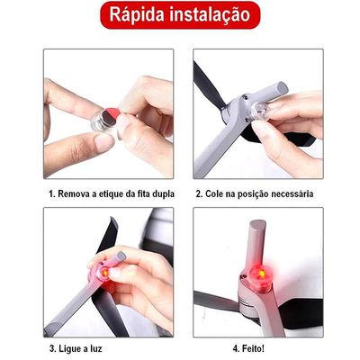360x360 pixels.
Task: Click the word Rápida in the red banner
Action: [137, 14]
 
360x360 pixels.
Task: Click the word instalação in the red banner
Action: [210, 15]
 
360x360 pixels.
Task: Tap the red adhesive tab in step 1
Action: [115, 114]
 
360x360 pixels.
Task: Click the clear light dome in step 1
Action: [101, 122]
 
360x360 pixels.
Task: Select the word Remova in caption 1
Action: [74, 193]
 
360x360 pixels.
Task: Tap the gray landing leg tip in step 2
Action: [281, 88]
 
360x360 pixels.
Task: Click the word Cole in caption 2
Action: [214, 193]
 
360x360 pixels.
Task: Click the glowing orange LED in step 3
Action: [105, 273]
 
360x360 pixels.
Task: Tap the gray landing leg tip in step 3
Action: [120, 256]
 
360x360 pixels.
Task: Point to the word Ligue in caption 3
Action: [70, 349]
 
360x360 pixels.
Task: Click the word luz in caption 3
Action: [95, 349]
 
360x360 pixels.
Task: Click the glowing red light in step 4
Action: [260, 274]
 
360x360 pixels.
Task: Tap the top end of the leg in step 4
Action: [258, 223]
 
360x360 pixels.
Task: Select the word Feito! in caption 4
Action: [253, 349]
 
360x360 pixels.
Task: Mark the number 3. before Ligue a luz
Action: [53, 349]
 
